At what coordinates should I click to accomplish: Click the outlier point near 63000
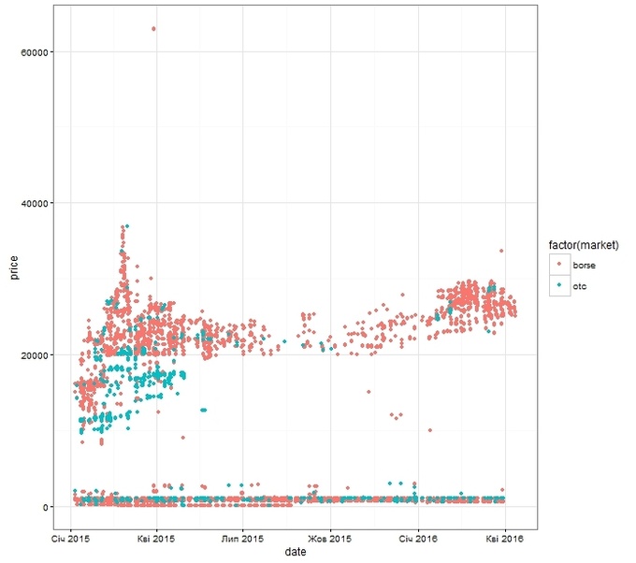click(x=154, y=29)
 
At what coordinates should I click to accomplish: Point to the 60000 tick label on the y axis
click(x=35, y=51)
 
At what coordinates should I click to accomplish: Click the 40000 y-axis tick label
click(x=35, y=203)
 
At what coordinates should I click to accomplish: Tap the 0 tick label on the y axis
click(x=46, y=507)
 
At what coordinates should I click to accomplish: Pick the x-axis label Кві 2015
click(x=155, y=539)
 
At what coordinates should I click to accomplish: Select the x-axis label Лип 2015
click(x=242, y=539)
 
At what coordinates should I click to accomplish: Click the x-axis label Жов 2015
click(x=330, y=539)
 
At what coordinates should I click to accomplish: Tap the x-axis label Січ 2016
click(x=417, y=539)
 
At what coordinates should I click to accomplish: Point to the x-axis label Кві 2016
click(x=504, y=539)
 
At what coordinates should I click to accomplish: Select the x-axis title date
click(x=296, y=554)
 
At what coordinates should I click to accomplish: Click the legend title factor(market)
click(x=585, y=245)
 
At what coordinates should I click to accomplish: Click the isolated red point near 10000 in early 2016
click(x=429, y=430)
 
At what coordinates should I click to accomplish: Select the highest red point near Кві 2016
click(x=501, y=251)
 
